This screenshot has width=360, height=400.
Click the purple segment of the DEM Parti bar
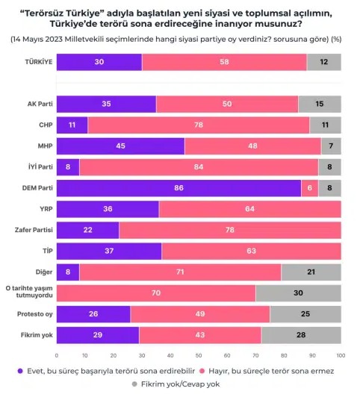pos(179,188)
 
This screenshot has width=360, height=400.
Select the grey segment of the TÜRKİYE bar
pos(324,62)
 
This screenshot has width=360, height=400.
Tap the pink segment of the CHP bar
pos(199,125)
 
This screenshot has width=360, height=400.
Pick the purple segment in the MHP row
pos(120,146)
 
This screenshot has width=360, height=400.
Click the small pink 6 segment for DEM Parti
pos(310,188)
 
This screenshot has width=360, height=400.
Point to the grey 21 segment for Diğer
pos(311,272)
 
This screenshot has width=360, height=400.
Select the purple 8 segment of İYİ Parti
pos(68,167)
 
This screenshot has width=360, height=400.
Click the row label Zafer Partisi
pos(34,230)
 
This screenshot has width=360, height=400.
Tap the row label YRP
pos(46,209)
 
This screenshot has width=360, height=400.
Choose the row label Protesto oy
pos(35,314)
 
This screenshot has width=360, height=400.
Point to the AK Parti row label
pos(40,104)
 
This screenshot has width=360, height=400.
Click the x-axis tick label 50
pos(199,356)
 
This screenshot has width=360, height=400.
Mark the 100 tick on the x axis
pos(341,356)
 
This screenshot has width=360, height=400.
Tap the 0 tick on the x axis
pos(57,356)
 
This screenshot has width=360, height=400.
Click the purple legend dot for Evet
pos(20,371)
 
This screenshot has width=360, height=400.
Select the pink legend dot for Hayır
pos(202,371)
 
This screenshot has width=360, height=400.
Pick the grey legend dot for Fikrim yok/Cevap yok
pos(134,384)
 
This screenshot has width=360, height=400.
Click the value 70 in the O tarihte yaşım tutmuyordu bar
pos(156,293)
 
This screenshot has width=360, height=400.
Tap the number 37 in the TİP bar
pos(109,251)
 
